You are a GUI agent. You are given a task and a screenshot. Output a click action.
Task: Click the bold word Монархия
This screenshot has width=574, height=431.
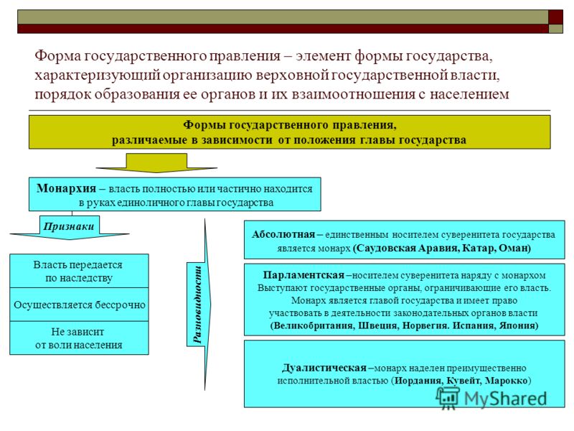pyautogui.click(x=66, y=188)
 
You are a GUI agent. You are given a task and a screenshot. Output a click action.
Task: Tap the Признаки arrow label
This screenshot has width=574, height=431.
pyautogui.click(x=69, y=226)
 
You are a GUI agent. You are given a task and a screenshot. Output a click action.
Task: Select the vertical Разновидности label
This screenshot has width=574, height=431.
pyautogui.click(x=197, y=304)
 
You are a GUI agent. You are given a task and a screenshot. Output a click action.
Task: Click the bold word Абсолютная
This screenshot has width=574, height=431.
pyautogui.click(x=283, y=235)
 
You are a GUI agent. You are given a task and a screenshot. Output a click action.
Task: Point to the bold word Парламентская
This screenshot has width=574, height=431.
pyautogui.click(x=304, y=275)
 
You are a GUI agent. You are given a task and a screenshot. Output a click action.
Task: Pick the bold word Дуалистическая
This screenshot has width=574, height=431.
pyautogui.click(x=324, y=368)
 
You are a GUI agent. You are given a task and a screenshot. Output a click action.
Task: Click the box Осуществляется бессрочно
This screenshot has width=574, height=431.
pyautogui.click(x=79, y=305)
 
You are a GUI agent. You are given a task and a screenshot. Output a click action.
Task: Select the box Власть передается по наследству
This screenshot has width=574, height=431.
pyautogui.click(x=79, y=271)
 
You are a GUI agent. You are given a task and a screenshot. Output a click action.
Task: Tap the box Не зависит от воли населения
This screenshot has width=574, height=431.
pyautogui.click(x=79, y=338)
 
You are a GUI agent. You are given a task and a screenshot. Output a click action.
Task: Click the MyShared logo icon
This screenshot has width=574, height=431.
pyautogui.click(x=447, y=397)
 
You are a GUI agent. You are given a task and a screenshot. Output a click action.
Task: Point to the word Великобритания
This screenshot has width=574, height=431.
pyautogui.click(x=313, y=325)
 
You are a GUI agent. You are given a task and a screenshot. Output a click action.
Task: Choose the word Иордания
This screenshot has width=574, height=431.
pyautogui.click(x=419, y=381)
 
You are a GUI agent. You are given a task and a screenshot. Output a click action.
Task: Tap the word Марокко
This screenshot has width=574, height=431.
pyautogui.click(x=507, y=381)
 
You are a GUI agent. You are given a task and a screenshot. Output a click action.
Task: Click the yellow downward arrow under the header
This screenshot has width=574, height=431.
pyautogui.click(x=156, y=163)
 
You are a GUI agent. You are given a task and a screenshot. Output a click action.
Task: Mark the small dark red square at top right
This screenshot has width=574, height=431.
pyautogui.click(x=555, y=17)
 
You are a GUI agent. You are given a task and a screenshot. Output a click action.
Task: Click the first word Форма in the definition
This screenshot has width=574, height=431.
pyautogui.click(x=57, y=56)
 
